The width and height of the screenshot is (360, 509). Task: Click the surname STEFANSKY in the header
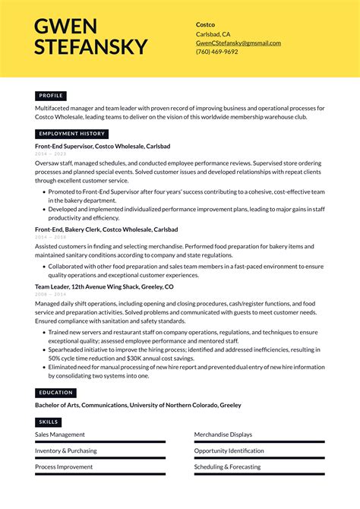pos(91,46)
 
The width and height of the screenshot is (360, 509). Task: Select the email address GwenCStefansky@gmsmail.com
pos(238,43)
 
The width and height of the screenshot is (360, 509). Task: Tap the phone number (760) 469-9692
pos(217,52)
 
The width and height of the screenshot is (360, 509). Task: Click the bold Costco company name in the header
pos(205,24)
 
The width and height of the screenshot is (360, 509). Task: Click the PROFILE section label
pos(51,96)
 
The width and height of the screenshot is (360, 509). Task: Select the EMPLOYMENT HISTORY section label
pos(71,134)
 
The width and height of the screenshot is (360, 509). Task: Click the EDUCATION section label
pos(55,393)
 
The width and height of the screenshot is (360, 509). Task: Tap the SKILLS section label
pos(48,422)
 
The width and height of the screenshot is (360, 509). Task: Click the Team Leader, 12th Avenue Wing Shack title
pos(104,287)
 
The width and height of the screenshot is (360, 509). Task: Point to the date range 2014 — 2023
pos(50,153)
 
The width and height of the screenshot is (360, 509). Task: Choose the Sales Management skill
pos(60,435)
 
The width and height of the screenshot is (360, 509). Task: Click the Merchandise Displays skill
pos(223,435)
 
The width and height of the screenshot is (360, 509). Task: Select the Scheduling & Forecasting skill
pos(227,466)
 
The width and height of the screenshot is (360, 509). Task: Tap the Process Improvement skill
pos(64,466)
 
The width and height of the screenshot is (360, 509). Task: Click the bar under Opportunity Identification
pos(259,458)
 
